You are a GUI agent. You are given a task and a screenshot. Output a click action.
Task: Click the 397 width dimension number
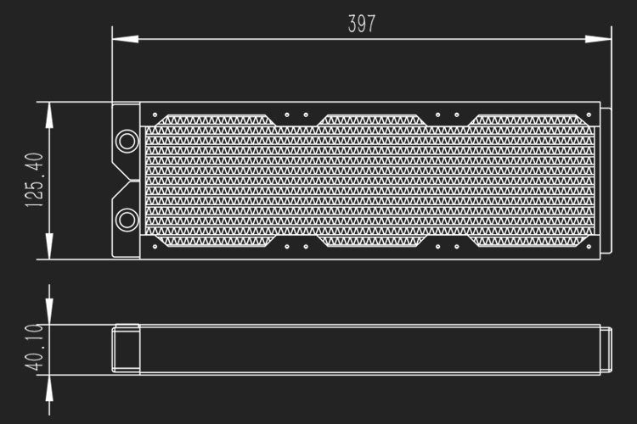(361, 24)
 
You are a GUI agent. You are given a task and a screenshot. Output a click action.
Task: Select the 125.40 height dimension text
(35, 181)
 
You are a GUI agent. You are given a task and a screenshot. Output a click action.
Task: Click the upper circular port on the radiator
(127, 140)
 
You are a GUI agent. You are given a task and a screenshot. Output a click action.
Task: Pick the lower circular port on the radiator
(127, 220)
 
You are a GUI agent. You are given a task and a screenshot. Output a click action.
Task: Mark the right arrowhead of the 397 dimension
(603, 37)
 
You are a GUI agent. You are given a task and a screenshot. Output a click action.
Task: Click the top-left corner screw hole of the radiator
(154, 114)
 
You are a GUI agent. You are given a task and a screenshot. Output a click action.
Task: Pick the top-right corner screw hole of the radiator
(588, 114)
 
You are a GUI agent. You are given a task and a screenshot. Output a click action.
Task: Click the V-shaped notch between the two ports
(127, 180)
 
